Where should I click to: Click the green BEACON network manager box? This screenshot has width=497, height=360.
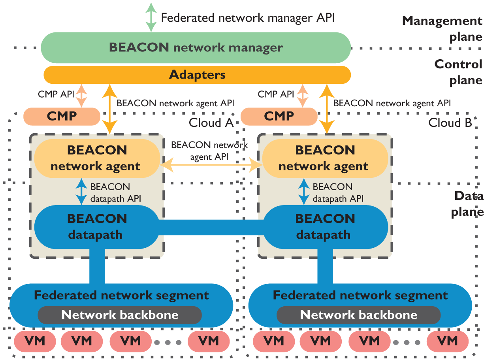[196, 48]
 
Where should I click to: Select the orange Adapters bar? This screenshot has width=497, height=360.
[197, 75]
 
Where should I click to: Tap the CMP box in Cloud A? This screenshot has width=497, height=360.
[62, 116]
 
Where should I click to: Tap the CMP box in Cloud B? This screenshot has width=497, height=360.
[279, 116]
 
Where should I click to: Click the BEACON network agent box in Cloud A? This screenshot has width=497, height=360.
[97, 158]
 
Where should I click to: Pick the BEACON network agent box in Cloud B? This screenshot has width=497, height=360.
[325, 158]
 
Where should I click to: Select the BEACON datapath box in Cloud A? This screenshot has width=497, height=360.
[97, 226]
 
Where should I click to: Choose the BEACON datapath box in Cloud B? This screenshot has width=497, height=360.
[325, 226]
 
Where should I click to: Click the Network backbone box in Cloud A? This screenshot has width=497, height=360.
[120, 315]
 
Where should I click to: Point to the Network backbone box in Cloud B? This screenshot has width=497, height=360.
[358, 315]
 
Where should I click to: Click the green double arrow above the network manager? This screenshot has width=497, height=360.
[151, 17]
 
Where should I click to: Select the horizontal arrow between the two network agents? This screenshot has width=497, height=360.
[211, 164]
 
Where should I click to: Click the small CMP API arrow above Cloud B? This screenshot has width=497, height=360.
[302, 95]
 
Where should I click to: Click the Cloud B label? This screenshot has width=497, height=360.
[450, 123]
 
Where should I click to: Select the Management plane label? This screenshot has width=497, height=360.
[442, 28]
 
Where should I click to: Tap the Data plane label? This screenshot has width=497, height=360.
[468, 204]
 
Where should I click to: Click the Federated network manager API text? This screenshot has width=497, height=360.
[248, 17]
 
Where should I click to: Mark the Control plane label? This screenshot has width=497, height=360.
[458, 72]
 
